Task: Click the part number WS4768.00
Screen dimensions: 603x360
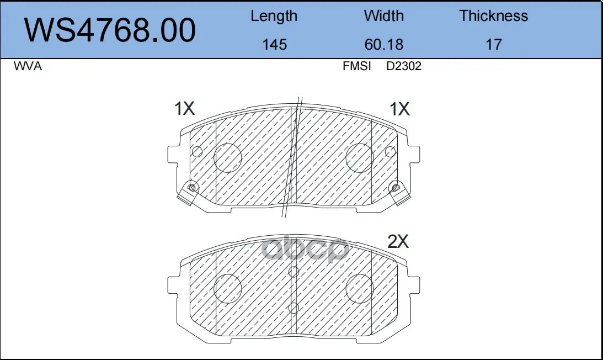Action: coord(110,30)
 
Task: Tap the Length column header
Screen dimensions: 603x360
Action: coord(274,16)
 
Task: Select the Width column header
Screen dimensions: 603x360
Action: coord(384,16)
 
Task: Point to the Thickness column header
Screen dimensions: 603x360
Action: coord(493,16)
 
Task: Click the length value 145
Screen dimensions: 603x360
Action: coord(275,45)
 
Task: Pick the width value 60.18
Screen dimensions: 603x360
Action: coord(384,45)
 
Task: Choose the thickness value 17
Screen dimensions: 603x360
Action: coord(494,45)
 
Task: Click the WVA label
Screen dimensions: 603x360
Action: coord(27,66)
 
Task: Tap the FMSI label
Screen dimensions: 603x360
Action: coord(357,66)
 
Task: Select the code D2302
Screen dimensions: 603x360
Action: coord(404,66)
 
